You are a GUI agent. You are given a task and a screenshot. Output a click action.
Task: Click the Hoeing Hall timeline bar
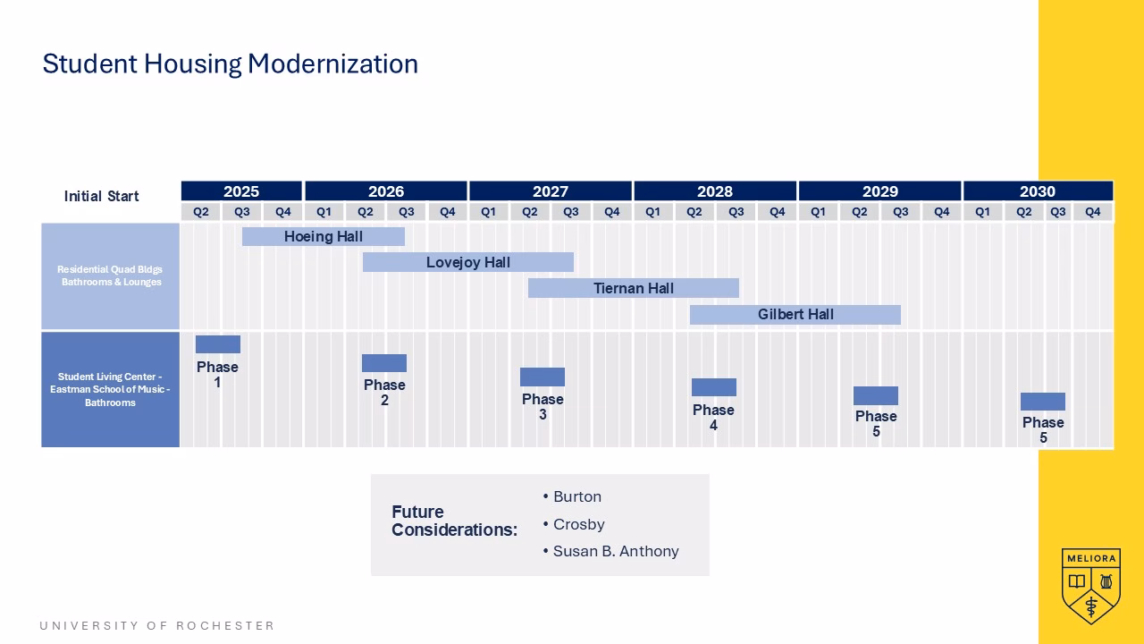tap(324, 237)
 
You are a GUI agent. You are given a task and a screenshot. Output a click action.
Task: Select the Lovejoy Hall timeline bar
tap(467, 262)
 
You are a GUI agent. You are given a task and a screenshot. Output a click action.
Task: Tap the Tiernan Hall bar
tap(634, 288)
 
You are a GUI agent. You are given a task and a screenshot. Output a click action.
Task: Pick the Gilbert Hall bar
tap(795, 314)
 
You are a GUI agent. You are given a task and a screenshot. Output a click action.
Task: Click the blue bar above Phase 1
tap(218, 344)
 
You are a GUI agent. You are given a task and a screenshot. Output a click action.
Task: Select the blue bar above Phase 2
tap(384, 363)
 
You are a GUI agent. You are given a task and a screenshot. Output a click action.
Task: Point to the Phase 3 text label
tap(543, 407)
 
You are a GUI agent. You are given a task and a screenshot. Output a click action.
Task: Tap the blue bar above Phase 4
tap(714, 387)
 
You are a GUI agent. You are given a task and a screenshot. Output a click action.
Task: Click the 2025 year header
tap(241, 191)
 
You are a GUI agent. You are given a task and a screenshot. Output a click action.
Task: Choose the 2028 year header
tap(715, 191)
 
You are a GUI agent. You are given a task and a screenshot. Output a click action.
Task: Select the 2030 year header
tap(1038, 191)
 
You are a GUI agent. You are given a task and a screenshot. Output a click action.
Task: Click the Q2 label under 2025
tap(201, 212)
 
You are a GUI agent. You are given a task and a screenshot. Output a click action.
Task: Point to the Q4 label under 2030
tap(1092, 212)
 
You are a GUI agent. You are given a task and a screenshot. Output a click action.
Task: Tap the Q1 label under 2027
tap(488, 212)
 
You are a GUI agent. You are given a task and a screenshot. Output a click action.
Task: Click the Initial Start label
tap(101, 196)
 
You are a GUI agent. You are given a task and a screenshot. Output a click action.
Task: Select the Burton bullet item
tap(572, 496)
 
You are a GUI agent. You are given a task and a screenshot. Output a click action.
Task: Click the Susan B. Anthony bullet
tap(610, 551)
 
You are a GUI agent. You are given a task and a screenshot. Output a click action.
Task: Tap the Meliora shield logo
tap(1091, 586)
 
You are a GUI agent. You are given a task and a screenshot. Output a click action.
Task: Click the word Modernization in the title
tap(333, 64)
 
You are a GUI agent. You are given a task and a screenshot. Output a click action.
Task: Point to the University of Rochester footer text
tap(156, 625)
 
